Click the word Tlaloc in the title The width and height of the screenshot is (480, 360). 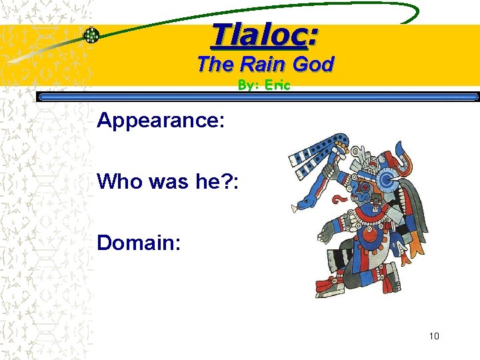(259, 36)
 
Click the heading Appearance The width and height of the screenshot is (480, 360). (161, 121)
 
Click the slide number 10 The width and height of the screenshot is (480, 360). (434, 336)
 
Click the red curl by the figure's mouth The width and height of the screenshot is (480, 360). (341, 198)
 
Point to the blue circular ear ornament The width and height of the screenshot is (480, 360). (387, 179)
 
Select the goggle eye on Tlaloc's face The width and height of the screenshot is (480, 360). (365, 188)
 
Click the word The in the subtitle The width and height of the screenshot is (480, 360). (215, 65)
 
